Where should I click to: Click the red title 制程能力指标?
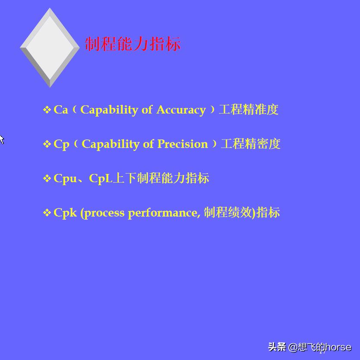pyautogui.click(x=133, y=44)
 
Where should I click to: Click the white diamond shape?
pyautogui.click(x=50, y=47)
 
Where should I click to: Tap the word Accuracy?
pyautogui.click(x=181, y=110)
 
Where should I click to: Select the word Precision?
pyautogui.click(x=182, y=144)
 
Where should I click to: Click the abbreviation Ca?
pyautogui.click(x=61, y=110)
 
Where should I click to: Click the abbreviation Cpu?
pyautogui.click(x=65, y=178)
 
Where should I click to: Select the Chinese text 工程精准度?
pyautogui.click(x=249, y=110)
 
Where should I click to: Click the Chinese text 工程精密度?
pyautogui.click(x=250, y=144)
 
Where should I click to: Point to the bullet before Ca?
pyautogui.click(x=47, y=110)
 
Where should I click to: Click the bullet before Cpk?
pyautogui.click(x=47, y=213)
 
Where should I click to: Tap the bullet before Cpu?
pyautogui.click(x=47, y=179)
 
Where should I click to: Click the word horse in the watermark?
pyautogui.click(x=338, y=347)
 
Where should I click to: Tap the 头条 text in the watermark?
pyautogui.click(x=277, y=347)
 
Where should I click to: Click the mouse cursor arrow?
pyautogui.click(x=1, y=139)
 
